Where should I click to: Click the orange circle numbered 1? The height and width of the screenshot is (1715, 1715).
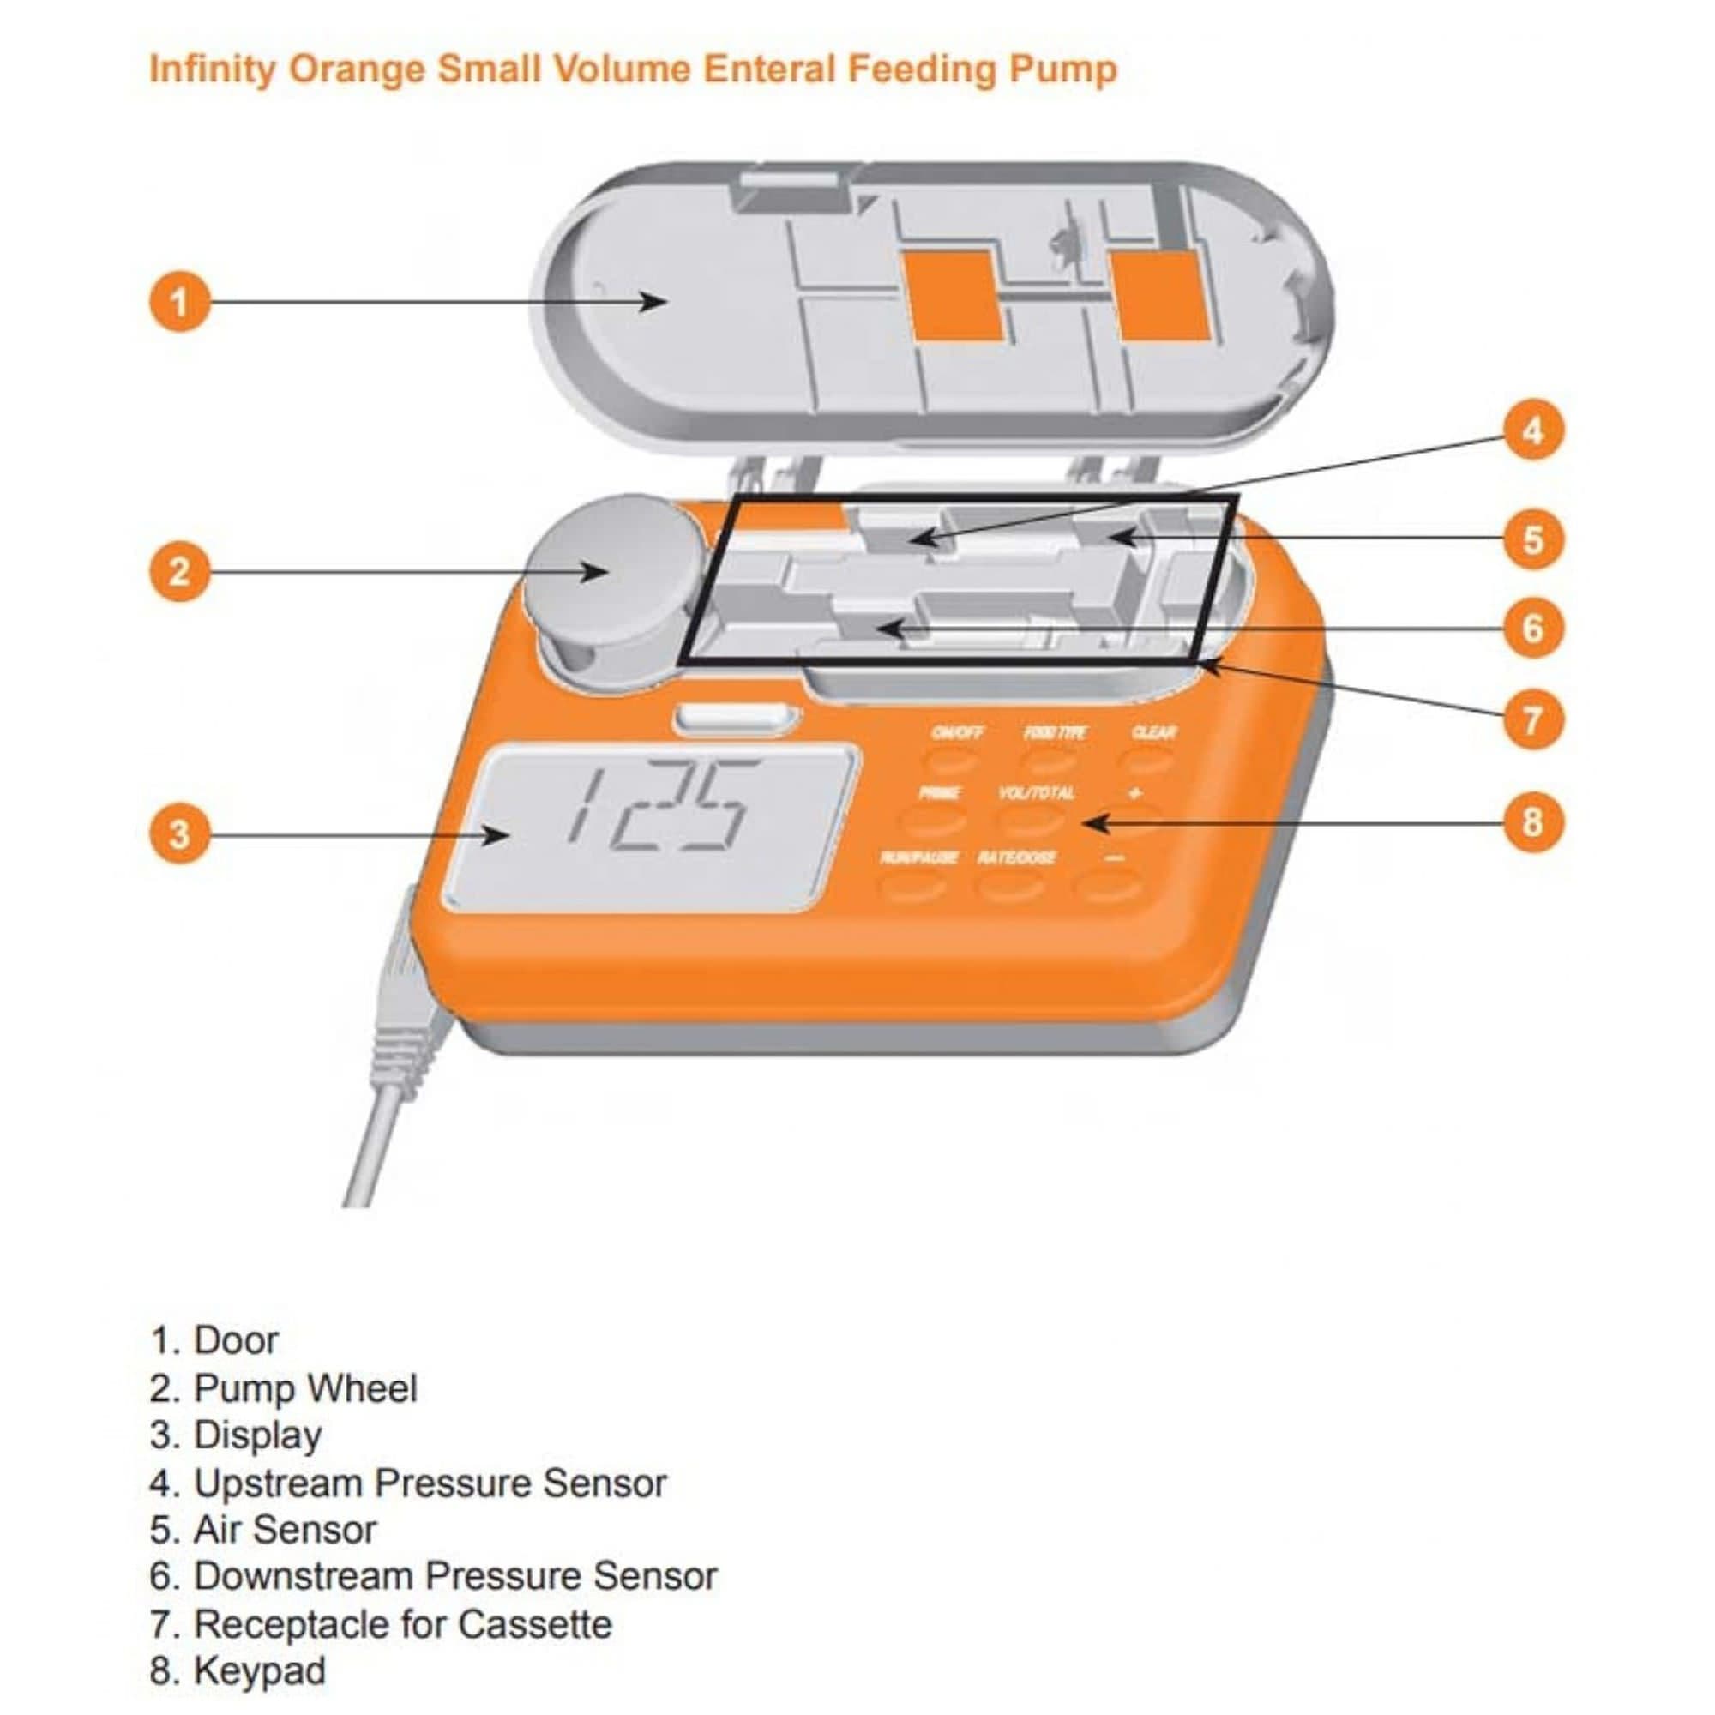tap(178, 302)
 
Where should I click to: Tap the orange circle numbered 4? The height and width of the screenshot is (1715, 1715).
tap(1533, 431)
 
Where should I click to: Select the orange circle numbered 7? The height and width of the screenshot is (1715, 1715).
tap(1533, 720)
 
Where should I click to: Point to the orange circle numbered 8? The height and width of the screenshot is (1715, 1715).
tap(1533, 822)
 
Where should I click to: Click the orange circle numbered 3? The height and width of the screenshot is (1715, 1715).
tap(178, 834)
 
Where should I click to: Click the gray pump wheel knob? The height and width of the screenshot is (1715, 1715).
tap(612, 569)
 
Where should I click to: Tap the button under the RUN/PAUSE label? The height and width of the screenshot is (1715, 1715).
tap(912, 886)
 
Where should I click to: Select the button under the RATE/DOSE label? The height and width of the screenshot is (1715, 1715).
tap(1011, 886)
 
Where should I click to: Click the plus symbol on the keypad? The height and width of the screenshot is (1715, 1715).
tap(1135, 793)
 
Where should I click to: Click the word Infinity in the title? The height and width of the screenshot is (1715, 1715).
tap(212, 69)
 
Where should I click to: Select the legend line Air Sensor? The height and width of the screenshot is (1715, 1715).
tap(263, 1529)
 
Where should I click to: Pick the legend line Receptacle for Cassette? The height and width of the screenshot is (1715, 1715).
tap(382, 1623)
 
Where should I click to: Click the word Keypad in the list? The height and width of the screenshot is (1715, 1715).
tap(259, 1670)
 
